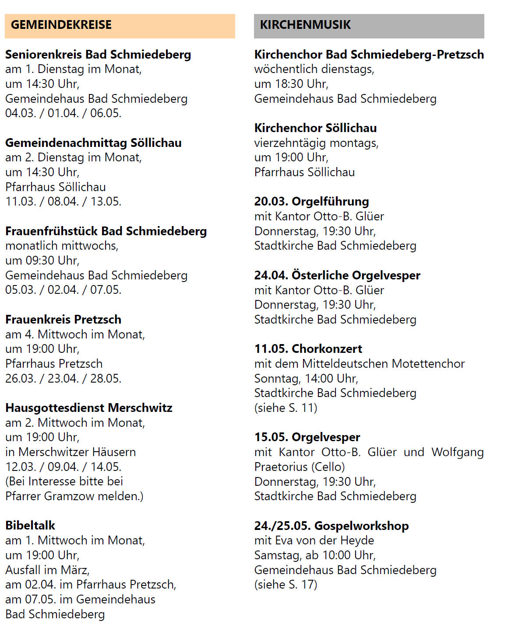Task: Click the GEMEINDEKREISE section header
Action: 61,25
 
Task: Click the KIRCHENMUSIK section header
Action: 305,25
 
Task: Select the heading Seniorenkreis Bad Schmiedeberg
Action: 98,55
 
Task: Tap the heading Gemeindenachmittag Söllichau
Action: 93,143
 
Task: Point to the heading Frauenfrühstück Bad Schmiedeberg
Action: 106,231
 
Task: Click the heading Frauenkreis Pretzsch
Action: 63,320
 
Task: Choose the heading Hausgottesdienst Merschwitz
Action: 88,408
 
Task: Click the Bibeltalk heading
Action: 30,526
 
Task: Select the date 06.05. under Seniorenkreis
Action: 106,113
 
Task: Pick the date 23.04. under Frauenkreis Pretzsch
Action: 63,378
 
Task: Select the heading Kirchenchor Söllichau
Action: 315,128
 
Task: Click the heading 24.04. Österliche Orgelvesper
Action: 337,275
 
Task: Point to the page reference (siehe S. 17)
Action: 286,585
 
